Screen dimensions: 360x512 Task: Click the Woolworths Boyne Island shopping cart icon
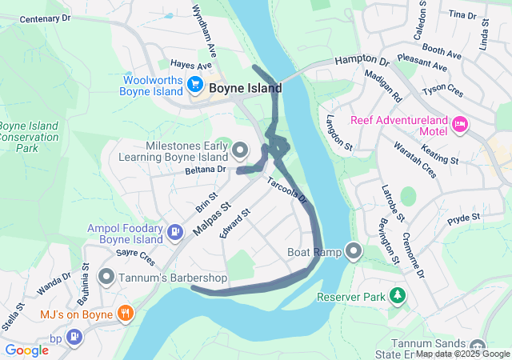(194, 84)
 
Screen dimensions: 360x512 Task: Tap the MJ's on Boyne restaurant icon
(125, 313)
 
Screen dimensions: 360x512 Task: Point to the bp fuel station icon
(74, 337)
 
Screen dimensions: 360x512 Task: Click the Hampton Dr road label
(361, 61)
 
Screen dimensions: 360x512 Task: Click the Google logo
(26, 350)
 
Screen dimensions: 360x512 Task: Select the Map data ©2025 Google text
(462, 354)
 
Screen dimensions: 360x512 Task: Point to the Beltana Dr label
(206, 170)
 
